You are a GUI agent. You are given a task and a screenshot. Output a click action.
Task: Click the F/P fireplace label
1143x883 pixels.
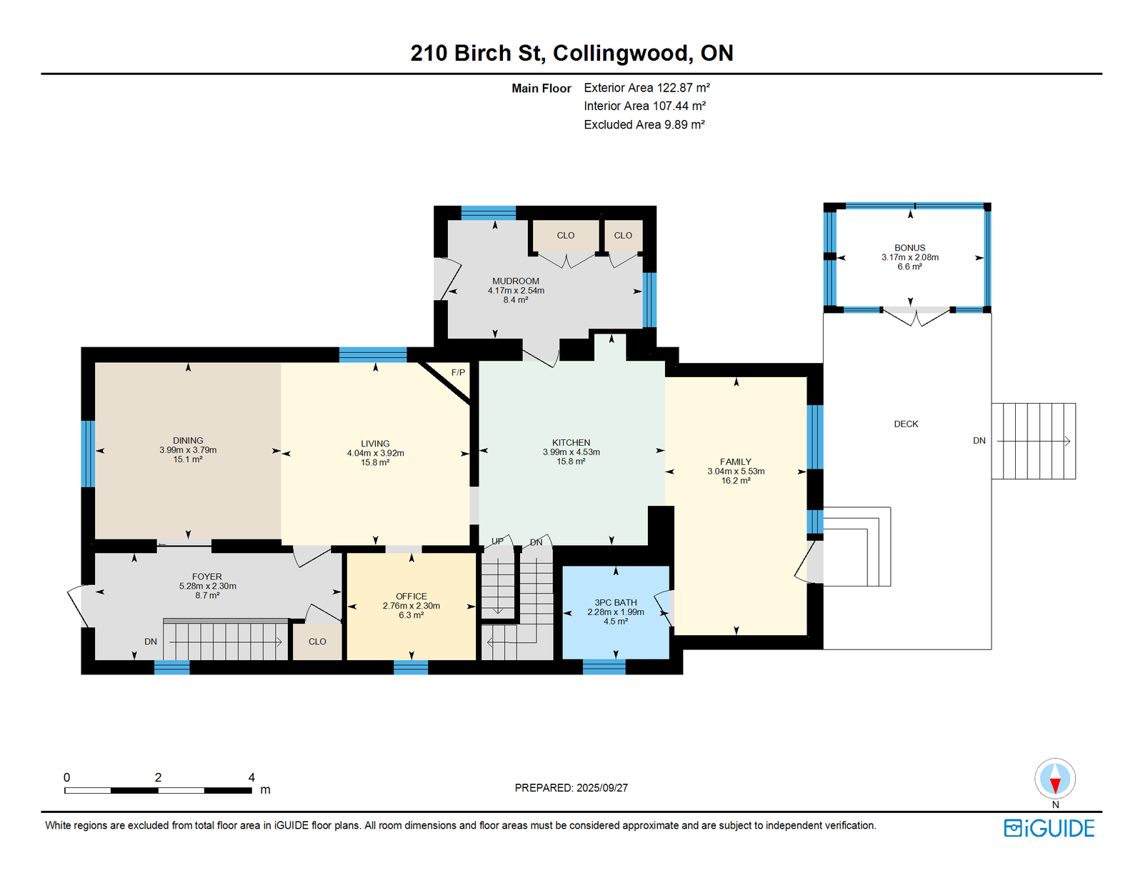tap(458, 372)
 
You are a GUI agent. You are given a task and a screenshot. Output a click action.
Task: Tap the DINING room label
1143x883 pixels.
tap(188, 440)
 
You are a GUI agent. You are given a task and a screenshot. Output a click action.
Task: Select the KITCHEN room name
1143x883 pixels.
tap(571, 442)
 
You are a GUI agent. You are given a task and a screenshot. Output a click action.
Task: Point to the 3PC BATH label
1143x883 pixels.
tap(615, 602)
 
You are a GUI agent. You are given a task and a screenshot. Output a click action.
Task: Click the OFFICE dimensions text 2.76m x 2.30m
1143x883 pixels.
tap(411, 605)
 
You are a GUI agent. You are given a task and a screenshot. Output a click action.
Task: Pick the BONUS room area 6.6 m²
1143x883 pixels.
tap(909, 266)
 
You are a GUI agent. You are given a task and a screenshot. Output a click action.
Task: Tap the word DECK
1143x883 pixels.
tap(906, 424)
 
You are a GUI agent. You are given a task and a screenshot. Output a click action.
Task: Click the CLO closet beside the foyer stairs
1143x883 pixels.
tap(317, 641)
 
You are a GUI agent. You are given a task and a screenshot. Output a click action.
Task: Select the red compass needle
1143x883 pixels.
tap(1054, 785)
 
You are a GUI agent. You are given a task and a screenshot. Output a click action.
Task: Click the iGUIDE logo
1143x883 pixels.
tap(1049, 828)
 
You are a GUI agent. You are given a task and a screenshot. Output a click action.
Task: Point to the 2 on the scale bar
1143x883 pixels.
tap(159, 777)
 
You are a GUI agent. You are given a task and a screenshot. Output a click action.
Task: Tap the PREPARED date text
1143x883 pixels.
tap(571, 788)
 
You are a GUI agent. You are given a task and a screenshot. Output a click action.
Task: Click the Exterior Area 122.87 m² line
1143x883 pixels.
tap(647, 87)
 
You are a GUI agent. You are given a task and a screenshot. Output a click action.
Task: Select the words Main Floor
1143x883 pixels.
tap(541, 89)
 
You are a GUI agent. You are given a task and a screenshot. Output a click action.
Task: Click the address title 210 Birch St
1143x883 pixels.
tap(476, 53)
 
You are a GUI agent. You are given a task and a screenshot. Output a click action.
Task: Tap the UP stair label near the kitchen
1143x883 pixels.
tap(497, 541)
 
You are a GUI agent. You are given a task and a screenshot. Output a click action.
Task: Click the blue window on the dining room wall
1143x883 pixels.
tap(88, 454)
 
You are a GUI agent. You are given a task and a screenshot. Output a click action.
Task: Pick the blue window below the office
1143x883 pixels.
tap(411, 667)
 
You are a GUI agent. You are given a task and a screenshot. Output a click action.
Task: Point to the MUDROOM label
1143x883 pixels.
tap(516, 281)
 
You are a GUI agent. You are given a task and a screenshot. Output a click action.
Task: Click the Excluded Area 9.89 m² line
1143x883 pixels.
tap(644, 124)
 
